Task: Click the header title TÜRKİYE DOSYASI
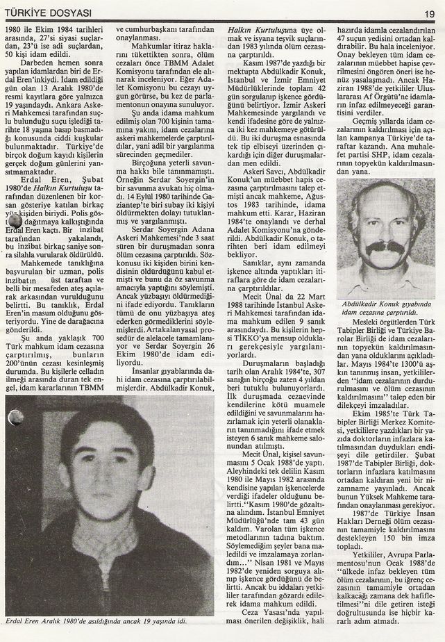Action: pos(47,13)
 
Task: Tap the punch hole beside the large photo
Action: pos(15,418)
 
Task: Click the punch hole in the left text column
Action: pos(14,222)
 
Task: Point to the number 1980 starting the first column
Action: pos(17,30)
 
